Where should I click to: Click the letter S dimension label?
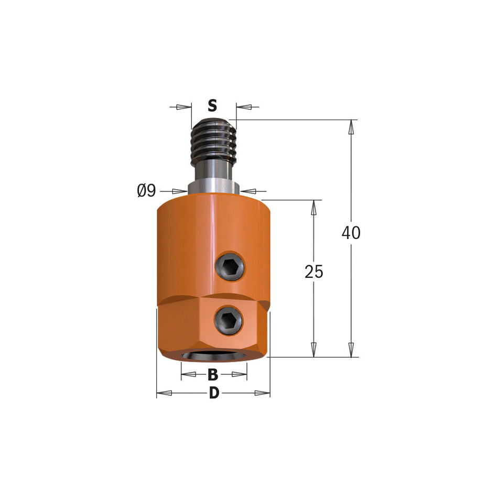click(212, 106)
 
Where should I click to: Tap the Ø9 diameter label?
click(146, 191)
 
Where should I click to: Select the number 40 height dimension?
click(351, 233)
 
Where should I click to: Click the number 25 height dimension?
click(314, 272)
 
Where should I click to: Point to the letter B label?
click(213, 375)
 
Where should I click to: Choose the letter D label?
click(214, 393)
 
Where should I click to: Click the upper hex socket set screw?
click(231, 267)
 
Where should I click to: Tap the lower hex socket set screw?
click(228, 319)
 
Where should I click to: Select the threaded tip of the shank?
click(213, 139)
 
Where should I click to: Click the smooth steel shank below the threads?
click(213, 172)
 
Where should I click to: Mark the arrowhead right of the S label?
click(244, 107)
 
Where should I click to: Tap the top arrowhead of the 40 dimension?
click(351, 127)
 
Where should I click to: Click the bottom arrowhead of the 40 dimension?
click(351, 350)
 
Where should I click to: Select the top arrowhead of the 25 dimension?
click(314, 208)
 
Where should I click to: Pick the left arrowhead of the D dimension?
click(165, 393)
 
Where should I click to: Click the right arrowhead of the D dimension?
click(262, 393)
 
